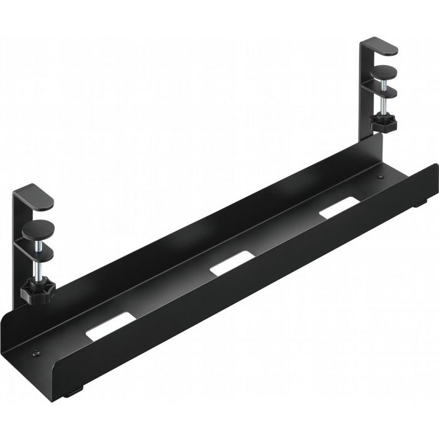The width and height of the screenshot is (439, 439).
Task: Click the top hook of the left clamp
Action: tap(38, 194)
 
